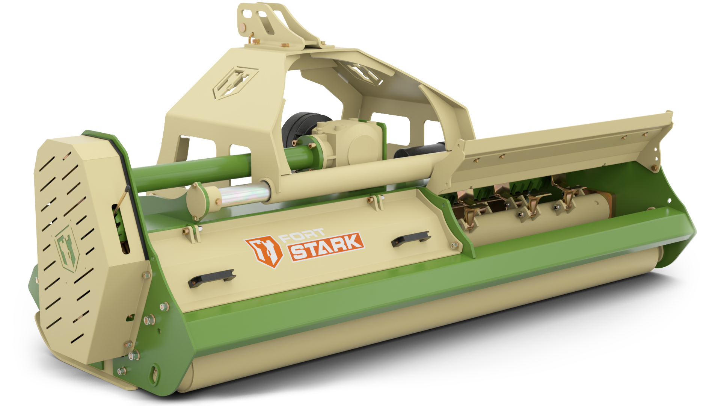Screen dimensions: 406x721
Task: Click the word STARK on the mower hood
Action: (325, 247)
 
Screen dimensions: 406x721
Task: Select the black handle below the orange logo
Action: (211, 279)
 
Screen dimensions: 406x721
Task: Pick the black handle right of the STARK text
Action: (410, 239)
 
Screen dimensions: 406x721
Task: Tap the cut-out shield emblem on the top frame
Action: (234, 83)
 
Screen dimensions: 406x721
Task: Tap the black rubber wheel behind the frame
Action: (297, 128)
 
